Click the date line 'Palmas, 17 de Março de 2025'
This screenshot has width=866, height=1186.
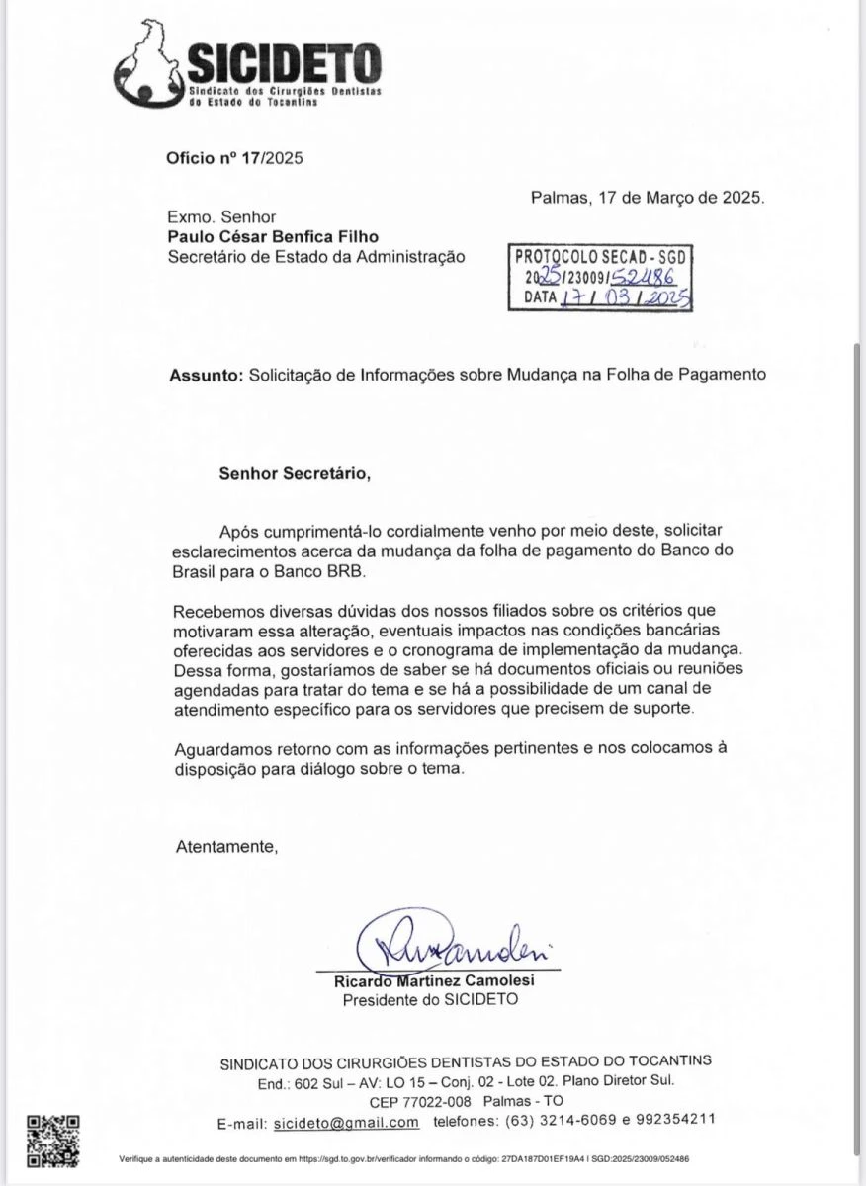click(647, 197)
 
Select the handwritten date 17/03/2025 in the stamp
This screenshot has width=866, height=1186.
click(623, 298)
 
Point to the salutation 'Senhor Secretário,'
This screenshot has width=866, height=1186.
click(295, 473)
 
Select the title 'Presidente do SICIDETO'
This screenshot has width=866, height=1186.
click(429, 1000)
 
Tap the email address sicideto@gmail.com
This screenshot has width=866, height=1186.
click(346, 1122)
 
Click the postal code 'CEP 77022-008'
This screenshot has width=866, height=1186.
click(422, 1101)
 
